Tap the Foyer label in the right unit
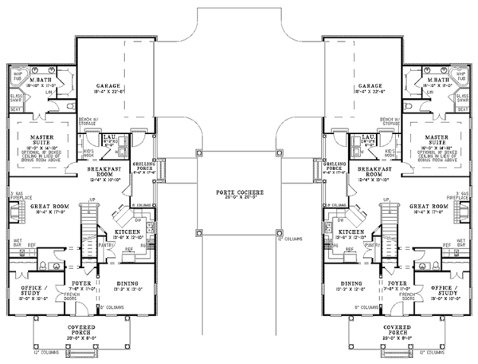click(392, 282)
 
